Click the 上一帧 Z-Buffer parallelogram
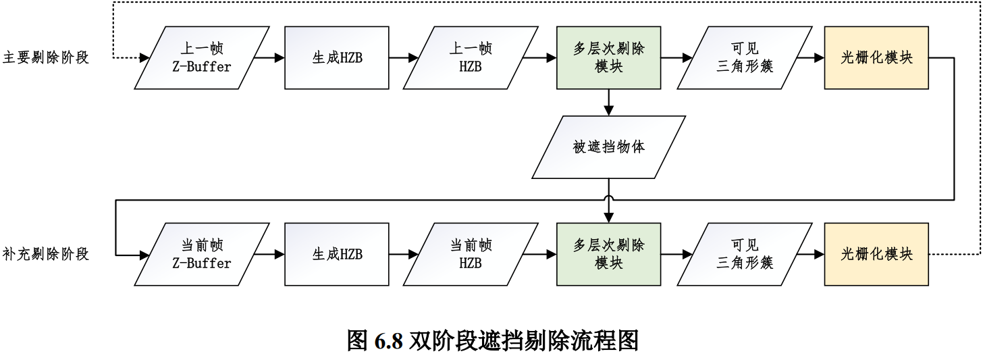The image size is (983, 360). tap(202, 57)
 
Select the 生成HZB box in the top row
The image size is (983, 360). tap(337, 57)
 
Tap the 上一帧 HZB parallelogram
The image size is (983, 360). tap(471, 57)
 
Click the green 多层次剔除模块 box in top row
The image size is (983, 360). tap(608, 57)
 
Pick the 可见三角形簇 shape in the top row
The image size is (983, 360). tap(744, 57)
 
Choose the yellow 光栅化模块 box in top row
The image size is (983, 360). tap(876, 57)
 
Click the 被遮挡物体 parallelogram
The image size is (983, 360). tap(609, 147)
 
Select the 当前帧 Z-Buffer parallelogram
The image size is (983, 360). tap(202, 255)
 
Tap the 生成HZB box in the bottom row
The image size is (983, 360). tap(337, 255)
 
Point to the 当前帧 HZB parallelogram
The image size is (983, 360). tap(471, 255)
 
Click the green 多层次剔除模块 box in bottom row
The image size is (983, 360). tap(608, 255)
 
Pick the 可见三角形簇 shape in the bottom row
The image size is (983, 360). tap(744, 255)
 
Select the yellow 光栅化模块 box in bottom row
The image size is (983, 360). tap(876, 255)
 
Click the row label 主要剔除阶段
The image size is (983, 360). tap(46, 57)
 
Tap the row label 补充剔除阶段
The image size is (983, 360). tap(46, 255)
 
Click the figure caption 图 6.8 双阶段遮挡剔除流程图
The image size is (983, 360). tap(492, 340)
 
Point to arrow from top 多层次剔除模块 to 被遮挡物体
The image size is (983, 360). tap(609, 102)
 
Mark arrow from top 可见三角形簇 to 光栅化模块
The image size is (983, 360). tap(809, 58)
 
